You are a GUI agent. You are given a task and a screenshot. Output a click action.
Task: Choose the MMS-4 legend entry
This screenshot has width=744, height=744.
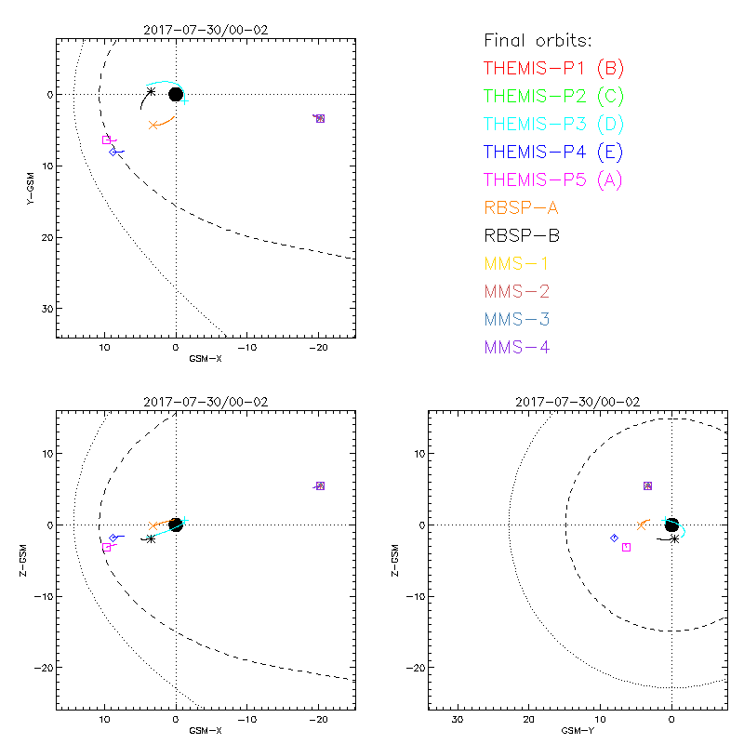click(x=516, y=347)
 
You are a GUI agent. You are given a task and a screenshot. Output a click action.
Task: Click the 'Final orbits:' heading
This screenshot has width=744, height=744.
click(x=538, y=40)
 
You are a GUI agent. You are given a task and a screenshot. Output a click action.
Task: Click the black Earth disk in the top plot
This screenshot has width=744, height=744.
click(x=176, y=94)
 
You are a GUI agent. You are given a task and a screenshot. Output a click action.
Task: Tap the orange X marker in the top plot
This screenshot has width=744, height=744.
click(x=153, y=125)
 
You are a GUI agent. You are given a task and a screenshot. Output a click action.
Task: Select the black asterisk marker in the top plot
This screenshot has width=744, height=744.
click(x=152, y=91)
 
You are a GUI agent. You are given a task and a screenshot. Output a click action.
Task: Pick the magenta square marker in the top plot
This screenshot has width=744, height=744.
click(x=107, y=139)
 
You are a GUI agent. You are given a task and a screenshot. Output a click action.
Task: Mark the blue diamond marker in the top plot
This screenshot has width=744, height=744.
click(x=113, y=152)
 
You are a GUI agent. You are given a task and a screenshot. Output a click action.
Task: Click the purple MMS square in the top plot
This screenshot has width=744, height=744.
click(x=320, y=118)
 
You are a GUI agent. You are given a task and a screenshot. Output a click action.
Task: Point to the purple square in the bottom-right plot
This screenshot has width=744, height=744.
click(x=648, y=485)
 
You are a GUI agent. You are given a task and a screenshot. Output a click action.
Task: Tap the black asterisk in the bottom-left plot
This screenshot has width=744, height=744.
click(x=151, y=538)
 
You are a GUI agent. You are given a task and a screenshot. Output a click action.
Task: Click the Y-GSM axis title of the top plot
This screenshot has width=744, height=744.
click(x=31, y=186)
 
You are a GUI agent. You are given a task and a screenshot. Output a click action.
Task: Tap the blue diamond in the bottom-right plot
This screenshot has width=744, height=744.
click(x=614, y=538)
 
